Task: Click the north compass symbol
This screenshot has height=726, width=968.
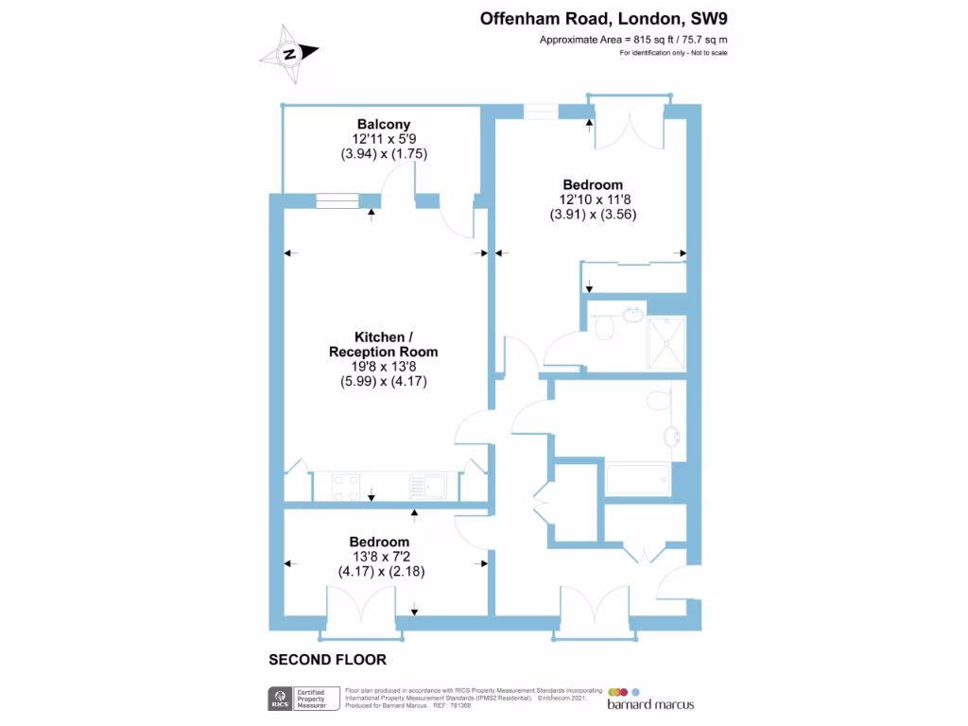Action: (x=289, y=54)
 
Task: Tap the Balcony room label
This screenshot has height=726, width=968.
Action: (x=384, y=124)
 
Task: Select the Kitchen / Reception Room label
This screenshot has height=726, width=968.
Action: (x=383, y=344)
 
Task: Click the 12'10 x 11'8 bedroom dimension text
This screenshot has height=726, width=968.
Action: (x=593, y=199)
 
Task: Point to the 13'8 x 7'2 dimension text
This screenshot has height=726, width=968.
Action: (x=379, y=557)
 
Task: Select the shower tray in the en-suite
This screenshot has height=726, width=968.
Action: (x=665, y=342)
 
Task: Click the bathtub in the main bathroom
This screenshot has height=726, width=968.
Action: (x=638, y=480)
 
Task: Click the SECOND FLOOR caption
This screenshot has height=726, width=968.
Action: (x=328, y=660)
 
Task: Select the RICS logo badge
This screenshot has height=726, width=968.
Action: (x=279, y=700)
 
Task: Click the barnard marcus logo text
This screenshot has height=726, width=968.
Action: (x=650, y=704)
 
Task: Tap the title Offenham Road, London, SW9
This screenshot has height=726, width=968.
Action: (x=604, y=18)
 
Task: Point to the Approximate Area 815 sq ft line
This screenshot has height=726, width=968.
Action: (x=633, y=40)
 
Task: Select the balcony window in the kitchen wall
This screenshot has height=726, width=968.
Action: (x=337, y=200)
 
